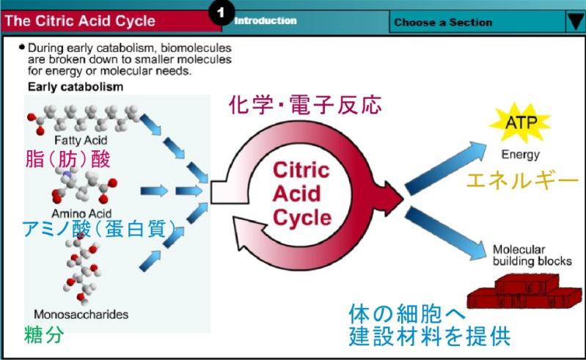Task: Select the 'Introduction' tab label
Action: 265,21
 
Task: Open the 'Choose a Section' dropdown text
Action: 443,22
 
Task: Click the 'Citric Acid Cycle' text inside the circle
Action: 302,193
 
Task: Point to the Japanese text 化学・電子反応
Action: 306,105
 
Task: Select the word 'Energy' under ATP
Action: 520,155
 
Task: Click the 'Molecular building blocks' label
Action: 527,254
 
